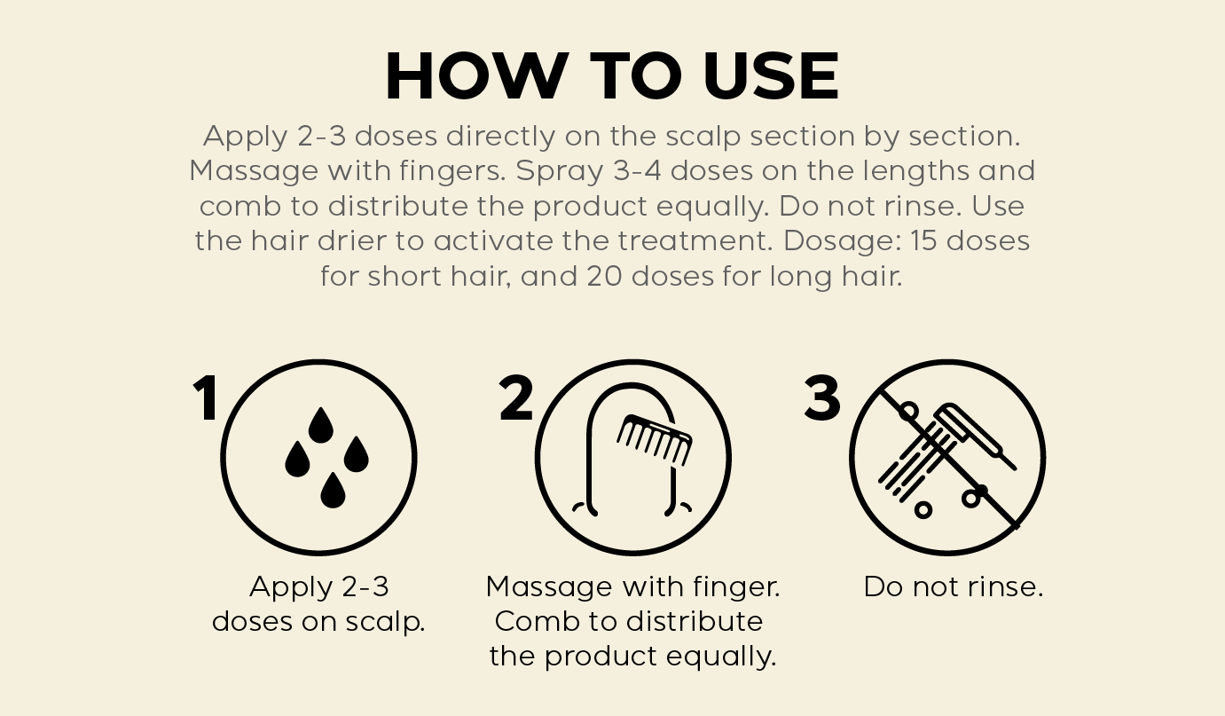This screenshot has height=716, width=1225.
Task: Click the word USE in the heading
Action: [x=771, y=75]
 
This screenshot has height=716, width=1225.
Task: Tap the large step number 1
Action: [x=206, y=397]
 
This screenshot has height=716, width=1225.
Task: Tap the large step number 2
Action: [x=515, y=397]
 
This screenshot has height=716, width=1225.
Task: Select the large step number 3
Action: [x=822, y=397]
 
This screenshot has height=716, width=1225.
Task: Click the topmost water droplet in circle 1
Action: [x=320, y=425]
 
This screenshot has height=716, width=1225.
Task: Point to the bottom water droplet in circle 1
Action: [x=333, y=491]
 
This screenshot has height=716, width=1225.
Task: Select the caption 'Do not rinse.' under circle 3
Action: [x=954, y=587]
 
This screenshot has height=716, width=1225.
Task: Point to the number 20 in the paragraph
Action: [x=604, y=276]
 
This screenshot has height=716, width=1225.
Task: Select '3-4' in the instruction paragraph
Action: [x=637, y=170]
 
